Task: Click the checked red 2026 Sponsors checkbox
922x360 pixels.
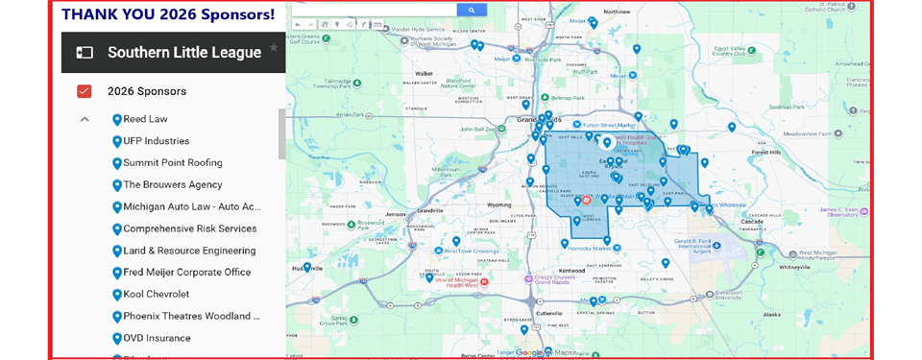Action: [85, 91]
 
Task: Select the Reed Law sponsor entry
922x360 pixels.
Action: [145, 119]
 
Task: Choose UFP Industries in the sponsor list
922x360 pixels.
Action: [156, 141]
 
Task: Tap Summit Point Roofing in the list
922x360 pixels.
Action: [172, 163]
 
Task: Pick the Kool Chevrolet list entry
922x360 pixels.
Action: [156, 295]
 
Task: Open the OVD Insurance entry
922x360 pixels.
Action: [157, 338]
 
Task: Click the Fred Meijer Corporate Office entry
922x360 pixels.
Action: [186, 273]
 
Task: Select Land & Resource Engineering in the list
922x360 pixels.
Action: [189, 251]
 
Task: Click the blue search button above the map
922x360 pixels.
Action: [471, 10]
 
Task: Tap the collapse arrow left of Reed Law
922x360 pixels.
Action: [85, 120]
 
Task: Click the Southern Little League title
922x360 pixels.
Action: [183, 52]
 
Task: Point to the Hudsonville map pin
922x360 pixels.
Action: [307, 268]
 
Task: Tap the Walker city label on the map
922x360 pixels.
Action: [424, 74]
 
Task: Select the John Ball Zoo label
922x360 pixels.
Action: [479, 129]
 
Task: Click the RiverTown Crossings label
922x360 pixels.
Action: [472, 250]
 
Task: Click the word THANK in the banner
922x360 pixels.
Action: [92, 14]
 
